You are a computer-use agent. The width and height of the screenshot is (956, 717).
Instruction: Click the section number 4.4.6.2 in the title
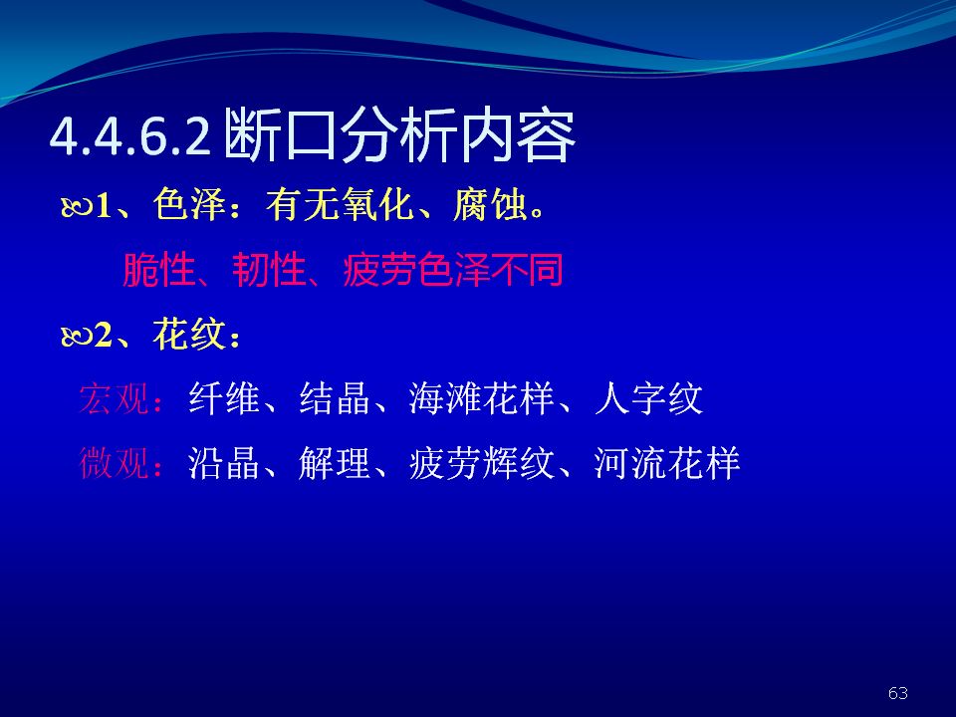(x=130, y=136)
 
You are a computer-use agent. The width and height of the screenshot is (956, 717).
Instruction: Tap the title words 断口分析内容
(x=399, y=135)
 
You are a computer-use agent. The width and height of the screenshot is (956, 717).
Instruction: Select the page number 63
(x=898, y=693)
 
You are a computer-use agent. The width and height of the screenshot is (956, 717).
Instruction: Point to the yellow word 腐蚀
(x=490, y=204)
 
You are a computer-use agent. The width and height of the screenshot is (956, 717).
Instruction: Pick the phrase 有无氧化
(x=340, y=204)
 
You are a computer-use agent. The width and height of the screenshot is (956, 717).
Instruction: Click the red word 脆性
(x=159, y=270)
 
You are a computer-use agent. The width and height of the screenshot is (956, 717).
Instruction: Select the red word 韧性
(x=269, y=270)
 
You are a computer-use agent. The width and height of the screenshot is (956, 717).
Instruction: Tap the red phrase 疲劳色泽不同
(x=453, y=270)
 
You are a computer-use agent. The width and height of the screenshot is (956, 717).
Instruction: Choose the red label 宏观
(x=114, y=398)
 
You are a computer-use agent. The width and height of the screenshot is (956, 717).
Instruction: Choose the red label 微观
(x=114, y=463)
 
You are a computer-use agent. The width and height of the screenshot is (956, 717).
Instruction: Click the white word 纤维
(x=224, y=398)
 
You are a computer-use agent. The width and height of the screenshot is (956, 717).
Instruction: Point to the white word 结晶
(x=335, y=398)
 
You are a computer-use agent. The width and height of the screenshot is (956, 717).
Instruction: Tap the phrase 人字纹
(x=648, y=398)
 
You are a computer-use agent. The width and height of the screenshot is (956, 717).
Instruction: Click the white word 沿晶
(x=224, y=463)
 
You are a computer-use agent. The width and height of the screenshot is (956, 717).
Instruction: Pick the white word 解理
(x=335, y=463)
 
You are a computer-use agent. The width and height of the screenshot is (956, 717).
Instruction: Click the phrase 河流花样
(x=667, y=463)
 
